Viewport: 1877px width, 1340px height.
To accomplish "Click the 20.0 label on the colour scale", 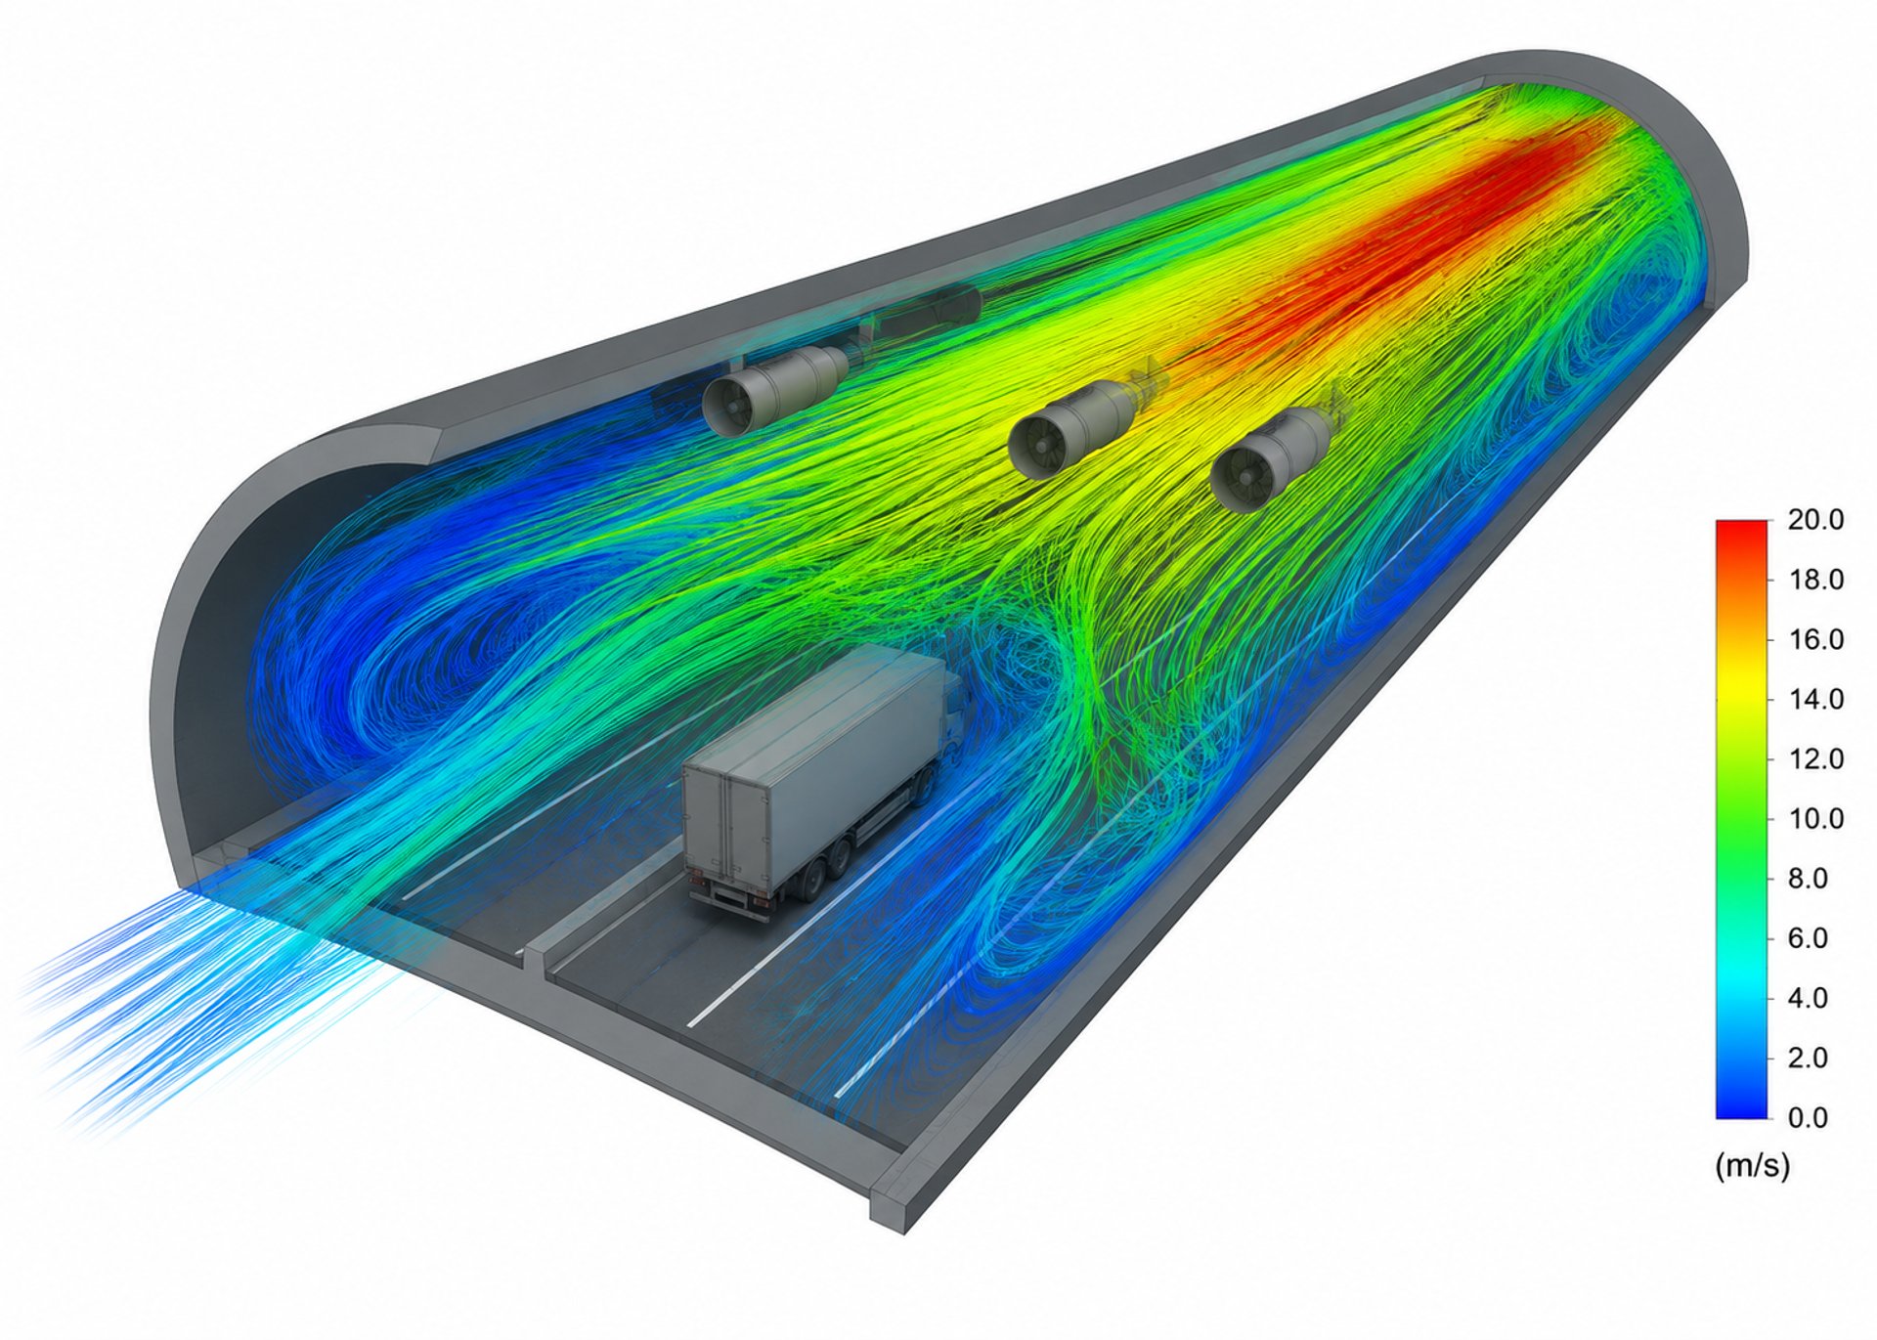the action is pos(1815,520).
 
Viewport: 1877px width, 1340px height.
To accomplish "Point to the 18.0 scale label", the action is pos(1815,580).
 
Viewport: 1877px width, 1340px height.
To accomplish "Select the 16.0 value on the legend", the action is pos(1815,639).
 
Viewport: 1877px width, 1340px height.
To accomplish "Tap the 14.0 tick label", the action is pos(1815,699).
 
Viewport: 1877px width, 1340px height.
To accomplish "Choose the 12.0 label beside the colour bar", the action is pos(1815,758).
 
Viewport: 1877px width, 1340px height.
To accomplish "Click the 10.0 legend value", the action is pos(1815,818).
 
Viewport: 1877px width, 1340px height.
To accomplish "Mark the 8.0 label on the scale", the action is pos(1808,879).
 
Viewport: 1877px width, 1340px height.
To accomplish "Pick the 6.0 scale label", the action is pos(1808,938).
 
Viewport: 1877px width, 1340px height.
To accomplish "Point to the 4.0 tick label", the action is pos(1808,998).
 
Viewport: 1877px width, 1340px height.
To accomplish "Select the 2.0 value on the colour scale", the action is pos(1808,1058).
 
